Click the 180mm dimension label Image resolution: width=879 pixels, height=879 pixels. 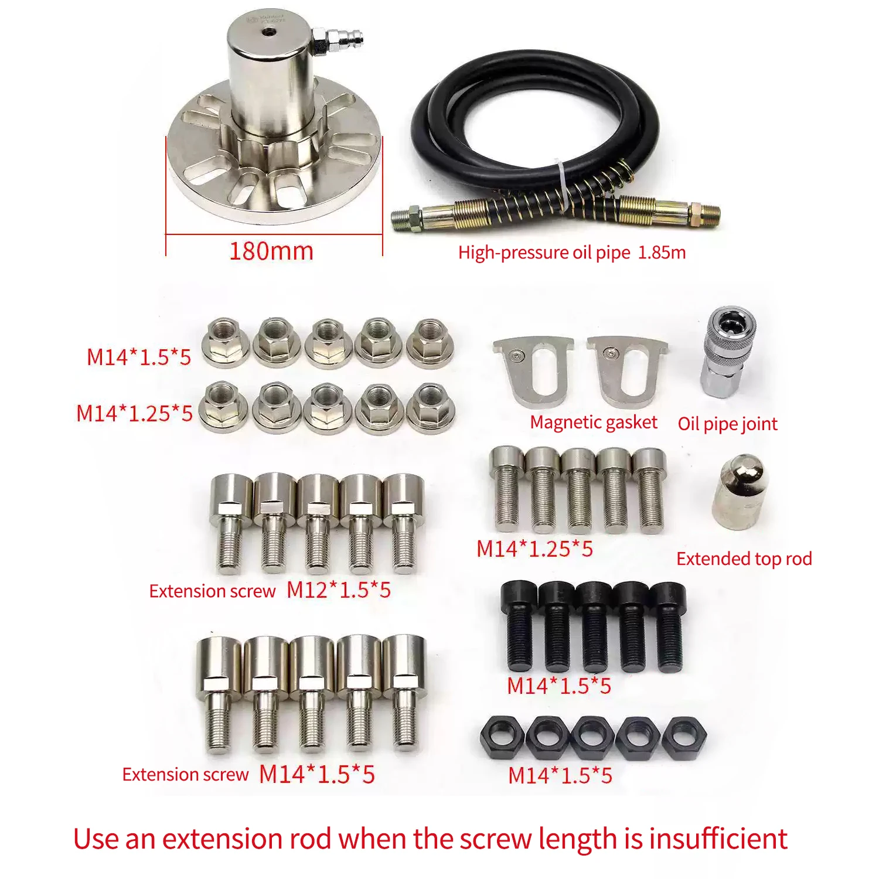click(271, 251)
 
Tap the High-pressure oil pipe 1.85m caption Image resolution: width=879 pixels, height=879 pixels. click(571, 253)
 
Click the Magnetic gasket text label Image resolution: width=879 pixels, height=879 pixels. click(593, 423)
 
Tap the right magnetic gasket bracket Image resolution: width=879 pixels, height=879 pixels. click(627, 369)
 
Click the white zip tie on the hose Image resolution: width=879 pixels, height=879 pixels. click(563, 182)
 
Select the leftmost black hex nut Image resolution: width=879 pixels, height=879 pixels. click(502, 737)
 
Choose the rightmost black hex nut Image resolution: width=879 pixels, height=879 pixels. click(684, 737)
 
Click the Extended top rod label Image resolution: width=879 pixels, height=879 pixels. click(744, 559)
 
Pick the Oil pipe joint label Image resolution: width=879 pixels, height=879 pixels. click(727, 424)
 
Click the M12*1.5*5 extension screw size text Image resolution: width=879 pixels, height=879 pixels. click(338, 590)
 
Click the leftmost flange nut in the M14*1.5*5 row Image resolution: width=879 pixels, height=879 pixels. click(226, 343)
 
